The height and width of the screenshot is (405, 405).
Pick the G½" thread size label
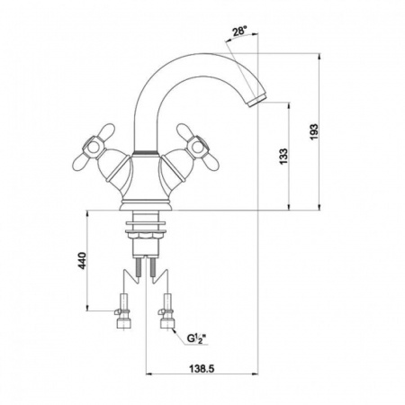click(196, 338)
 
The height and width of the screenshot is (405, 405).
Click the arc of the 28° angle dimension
click(236, 45)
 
